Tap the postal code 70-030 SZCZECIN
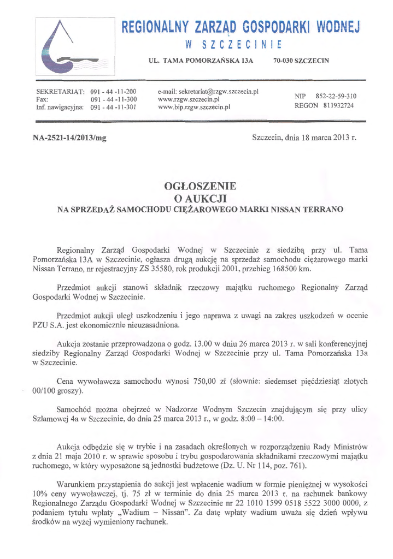pyautogui.click(x=301, y=60)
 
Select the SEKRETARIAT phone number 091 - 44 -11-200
pyautogui.click(x=113, y=91)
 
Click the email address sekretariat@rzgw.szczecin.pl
pyautogui.click(x=208, y=91)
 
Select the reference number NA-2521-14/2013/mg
pyautogui.click(x=70, y=138)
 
